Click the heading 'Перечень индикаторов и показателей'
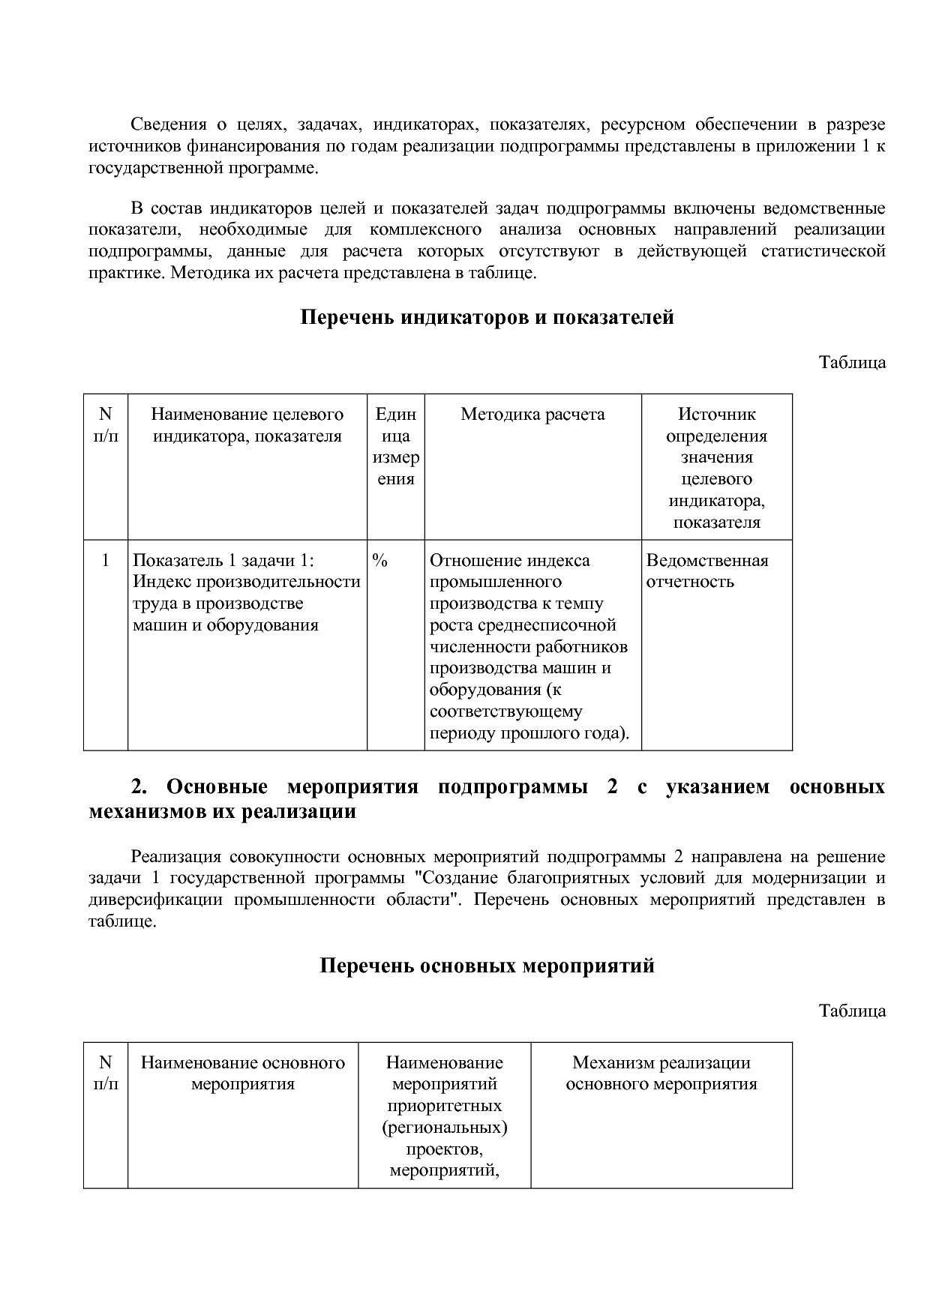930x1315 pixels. pyautogui.click(x=487, y=318)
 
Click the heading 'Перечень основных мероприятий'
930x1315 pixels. pyautogui.click(x=487, y=966)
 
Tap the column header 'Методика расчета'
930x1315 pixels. pyautogui.click(x=532, y=415)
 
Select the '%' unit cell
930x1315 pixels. pyautogui.click(x=379, y=561)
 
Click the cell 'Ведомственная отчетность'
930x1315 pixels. pyautogui.click(x=706, y=571)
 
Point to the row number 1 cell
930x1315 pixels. pyautogui.click(x=105, y=561)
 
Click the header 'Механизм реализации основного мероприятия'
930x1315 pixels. pyautogui.click(x=661, y=1074)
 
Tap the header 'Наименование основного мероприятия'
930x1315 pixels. pyautogui.click(x=243, y=1074)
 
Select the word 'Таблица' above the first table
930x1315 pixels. pyautogui.click(x=852, y=363)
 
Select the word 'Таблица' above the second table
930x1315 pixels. pyautogui.click(x=852, y=1011)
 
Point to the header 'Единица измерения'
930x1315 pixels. pyautogui.click(x=395, y=447)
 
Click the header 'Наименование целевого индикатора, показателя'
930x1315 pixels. pyautogui.click(x=247, y=425)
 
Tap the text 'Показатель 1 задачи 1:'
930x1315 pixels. pyautogui.click(x=223, y=561)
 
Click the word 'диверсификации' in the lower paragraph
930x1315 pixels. pyautogui.click(x=155, y=900)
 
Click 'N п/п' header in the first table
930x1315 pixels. pyautogui.click(x=105, y=425)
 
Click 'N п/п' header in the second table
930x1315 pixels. pyautogui.click(x=105, y=1074)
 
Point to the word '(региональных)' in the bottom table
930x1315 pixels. pyautogui.click(x=444, y=1128)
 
